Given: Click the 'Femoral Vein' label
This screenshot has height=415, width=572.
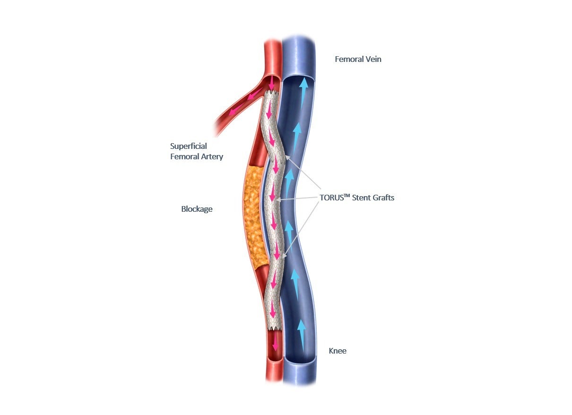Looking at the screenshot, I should (358, 59).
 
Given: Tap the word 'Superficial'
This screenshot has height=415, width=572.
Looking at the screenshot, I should (189, 146).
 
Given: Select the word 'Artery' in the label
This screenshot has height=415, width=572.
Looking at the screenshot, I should (211, 156).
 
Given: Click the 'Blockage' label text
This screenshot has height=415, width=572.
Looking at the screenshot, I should (197, 209).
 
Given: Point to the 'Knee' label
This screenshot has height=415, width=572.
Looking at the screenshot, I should (338, 351).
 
